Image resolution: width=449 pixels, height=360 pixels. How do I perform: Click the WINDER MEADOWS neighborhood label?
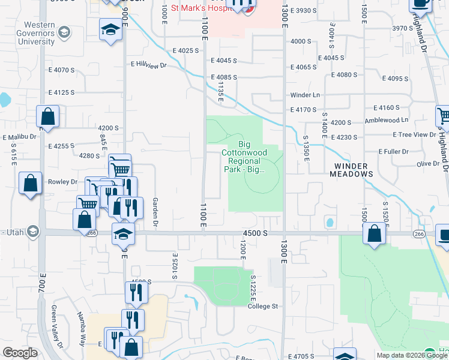click(x=351, y=169)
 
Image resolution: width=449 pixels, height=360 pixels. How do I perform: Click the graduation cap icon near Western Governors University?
click(x=111, y=30)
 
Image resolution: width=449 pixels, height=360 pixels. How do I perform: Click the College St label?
click(x=264, y=306)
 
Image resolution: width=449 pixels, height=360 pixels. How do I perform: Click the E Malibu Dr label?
click(x=20, y=137)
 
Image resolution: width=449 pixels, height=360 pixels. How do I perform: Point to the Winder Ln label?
click(x=305, y=95)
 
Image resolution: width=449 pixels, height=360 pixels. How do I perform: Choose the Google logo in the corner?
click(x=20, y=353)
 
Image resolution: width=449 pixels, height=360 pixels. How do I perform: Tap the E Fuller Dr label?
click(x=393, y=152)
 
